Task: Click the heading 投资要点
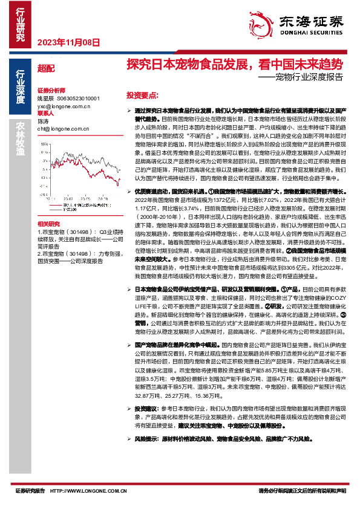[142, 96]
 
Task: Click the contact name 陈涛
[42, 121]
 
